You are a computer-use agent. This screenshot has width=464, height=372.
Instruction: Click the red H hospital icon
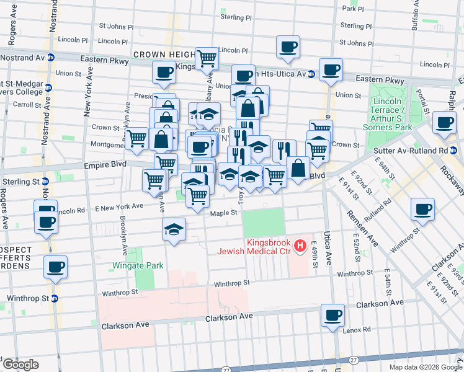click(x=301, y=246)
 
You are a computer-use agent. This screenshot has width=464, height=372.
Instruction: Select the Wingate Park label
click(x=138, y=265)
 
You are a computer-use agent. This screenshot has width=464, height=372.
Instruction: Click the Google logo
click(x=20, y=365)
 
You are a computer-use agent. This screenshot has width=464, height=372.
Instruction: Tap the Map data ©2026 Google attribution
click(x=426, y=367)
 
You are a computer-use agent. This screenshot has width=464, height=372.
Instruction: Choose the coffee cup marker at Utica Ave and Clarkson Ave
click(x=332, y=316)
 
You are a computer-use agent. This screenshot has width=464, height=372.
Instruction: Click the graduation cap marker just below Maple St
click(x=174, y=230)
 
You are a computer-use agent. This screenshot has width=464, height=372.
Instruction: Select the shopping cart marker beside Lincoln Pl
click(x=207, y=59)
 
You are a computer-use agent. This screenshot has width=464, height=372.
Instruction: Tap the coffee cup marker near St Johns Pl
click(x=288, y=47)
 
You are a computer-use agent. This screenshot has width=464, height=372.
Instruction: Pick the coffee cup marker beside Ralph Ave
click(x=444, y=122)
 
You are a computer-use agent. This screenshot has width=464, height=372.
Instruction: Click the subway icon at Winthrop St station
click(x=54, y=298)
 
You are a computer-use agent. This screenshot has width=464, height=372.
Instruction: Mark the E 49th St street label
click(x=315, y=254)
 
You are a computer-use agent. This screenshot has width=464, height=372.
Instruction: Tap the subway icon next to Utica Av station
click(x=311, y=74)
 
